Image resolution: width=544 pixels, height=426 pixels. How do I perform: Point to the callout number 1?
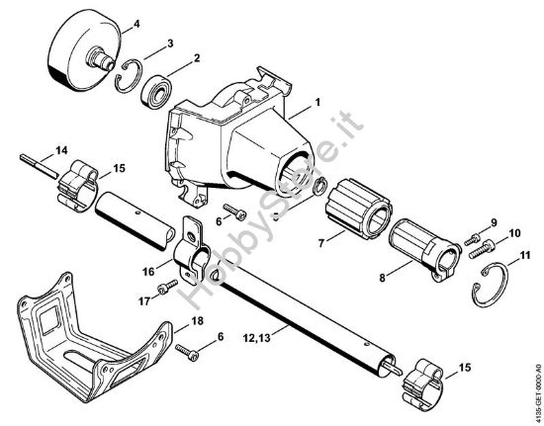(x=317, y=103)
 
